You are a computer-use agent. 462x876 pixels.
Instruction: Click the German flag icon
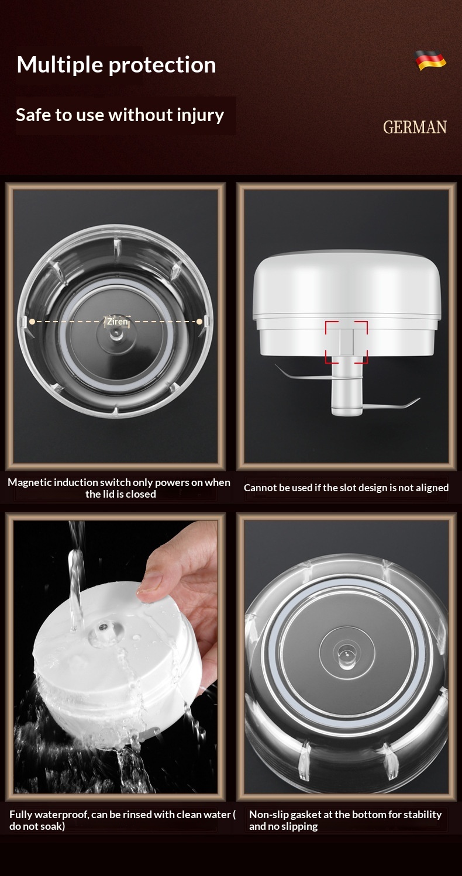coord(430,60)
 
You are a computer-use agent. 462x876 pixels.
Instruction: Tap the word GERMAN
coord(415,127)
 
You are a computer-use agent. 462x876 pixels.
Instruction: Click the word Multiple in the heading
coord(60,65)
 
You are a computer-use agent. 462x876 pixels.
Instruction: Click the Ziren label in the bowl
coord(118,322)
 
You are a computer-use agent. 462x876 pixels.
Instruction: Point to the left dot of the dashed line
coord(32,322)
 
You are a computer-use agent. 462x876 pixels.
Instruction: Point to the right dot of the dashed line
coord(199,322)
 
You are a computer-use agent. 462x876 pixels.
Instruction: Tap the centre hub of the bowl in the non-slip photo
coord(347,653)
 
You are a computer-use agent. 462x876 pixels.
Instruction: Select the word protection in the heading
coord(162,65)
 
